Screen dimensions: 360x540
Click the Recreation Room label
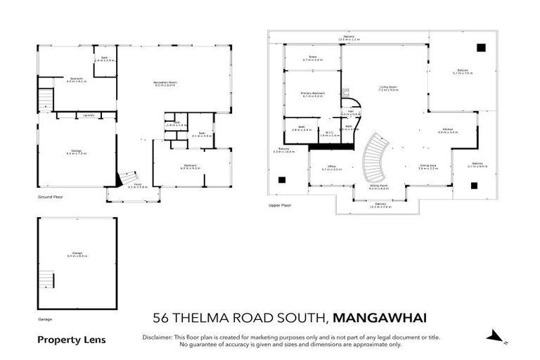165,84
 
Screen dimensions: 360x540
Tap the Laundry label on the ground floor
89,115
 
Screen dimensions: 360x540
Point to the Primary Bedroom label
311,94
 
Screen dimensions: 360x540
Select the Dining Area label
428,167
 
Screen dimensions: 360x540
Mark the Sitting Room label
378,186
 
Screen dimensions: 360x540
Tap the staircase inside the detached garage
46,278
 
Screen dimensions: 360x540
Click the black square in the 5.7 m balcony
480,48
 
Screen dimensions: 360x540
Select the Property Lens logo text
71,340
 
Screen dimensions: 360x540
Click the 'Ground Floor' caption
50,198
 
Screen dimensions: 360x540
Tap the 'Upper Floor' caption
279,205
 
